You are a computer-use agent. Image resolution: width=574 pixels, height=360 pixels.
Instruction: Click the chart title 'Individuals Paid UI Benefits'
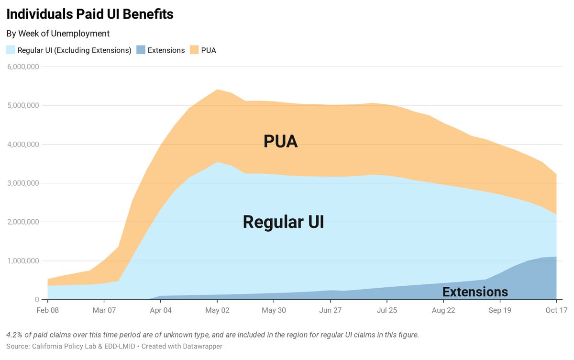coord(90,14)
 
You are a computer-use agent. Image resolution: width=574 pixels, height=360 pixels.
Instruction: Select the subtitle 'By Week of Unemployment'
coord(58,34)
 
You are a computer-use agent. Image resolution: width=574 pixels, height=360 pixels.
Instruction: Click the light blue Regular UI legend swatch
coord(11,50)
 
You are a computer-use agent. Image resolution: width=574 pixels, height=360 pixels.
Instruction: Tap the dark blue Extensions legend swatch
coord(141,50)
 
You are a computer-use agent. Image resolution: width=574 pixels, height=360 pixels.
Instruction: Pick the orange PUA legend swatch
coord(194,50)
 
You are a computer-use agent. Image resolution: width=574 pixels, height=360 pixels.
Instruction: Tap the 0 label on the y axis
coord(36,300)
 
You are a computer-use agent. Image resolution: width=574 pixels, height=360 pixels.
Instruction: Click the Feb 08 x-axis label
coord(48,310)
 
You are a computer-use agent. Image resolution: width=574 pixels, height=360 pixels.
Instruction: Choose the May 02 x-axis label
coord(217,310)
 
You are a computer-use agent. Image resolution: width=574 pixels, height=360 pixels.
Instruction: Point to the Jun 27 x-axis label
coord(330,310)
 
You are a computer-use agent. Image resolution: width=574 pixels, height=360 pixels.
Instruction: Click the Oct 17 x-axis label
coord(556,310)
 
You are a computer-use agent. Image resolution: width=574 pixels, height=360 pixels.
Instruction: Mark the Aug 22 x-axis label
coord(443,310)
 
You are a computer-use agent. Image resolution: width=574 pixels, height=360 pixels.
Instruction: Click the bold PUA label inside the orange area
coord(281,142)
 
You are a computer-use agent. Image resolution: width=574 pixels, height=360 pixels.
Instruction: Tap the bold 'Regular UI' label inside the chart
coord(283,222)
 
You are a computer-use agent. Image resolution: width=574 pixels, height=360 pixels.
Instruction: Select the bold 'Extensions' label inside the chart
coord(475,292)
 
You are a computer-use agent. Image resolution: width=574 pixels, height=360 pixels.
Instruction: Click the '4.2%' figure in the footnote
coord(14,335)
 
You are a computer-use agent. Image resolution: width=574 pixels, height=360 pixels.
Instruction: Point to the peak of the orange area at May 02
coord(217,90)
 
